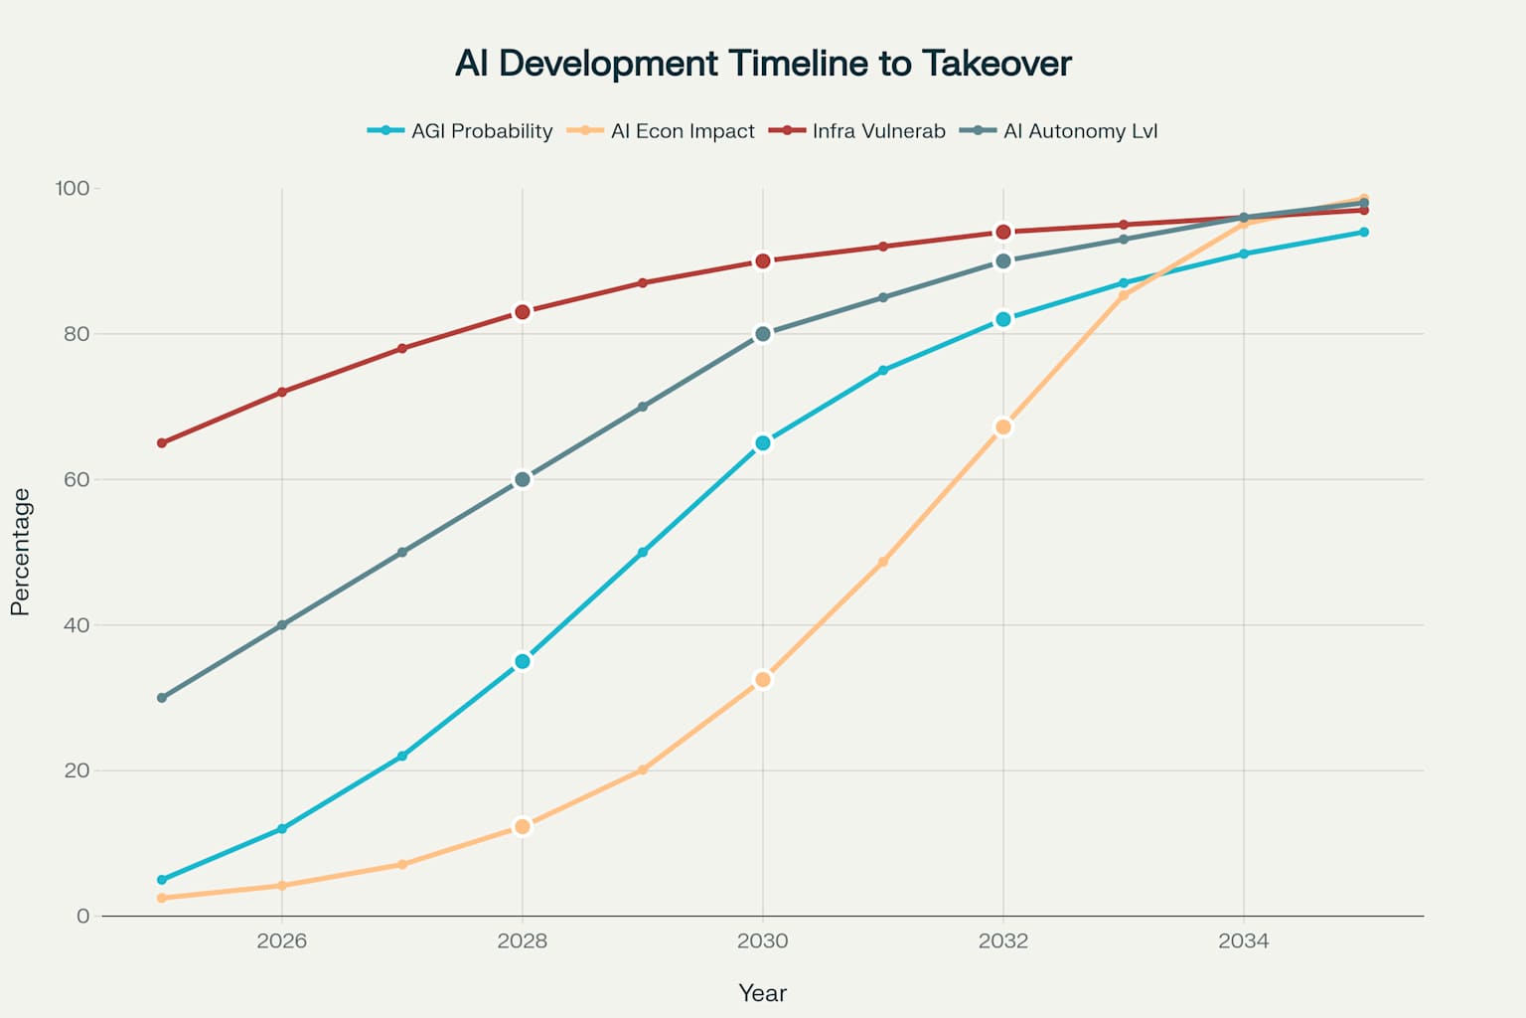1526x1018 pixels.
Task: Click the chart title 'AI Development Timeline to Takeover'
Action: pos(763,64)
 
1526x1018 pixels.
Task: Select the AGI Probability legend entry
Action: pos(461,131)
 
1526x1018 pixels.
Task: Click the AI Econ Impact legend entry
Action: pos(663,131)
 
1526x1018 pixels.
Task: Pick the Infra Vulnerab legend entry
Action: pos(859,131)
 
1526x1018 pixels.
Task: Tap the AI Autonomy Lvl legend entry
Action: pos(1061,131)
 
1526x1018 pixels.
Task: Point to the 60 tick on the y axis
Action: pos(76,479)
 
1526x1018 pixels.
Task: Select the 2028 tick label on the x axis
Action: pos(523,941)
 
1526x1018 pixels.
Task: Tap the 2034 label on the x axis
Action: pos(1243,941)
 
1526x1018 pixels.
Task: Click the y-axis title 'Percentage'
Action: pos(21,552)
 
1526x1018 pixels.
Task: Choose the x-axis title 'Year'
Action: pos(763,993)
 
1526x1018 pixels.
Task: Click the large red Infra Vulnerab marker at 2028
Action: pos(523,312)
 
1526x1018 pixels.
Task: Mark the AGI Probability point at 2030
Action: pos(763,443)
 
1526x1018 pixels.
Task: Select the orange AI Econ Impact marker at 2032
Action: pos(1003,427)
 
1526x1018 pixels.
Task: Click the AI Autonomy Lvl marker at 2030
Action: pos(763,334)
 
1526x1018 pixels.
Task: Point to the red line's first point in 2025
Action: pos(162,443)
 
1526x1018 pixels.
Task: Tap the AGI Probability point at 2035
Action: pos(1364,233)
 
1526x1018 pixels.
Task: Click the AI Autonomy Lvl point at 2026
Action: pos(282,625)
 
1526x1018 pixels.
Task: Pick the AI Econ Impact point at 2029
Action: pos(643,769)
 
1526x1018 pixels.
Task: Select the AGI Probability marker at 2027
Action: pos(402,757)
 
